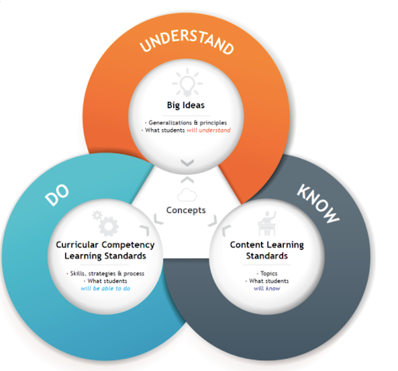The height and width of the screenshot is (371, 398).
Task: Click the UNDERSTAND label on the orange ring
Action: (187, 43)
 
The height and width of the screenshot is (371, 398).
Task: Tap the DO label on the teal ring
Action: (58, 195)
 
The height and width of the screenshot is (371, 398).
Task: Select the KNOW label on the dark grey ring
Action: (318, 204)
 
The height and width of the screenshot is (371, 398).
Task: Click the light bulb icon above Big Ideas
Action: (187, 82)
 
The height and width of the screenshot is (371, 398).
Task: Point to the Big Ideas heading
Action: (186, 105)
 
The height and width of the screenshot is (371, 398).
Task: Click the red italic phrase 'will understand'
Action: (208, 130)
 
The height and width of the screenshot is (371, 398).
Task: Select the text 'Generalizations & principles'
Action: (187, 123)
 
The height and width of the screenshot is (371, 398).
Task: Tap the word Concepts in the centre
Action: (186, 210)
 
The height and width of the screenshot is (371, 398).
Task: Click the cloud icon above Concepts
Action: (187, 195)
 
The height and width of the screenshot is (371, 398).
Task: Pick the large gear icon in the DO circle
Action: (109, 226)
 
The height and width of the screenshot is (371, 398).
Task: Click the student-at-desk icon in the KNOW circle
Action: (267, 223)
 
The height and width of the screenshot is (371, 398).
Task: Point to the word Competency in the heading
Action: (128, 245)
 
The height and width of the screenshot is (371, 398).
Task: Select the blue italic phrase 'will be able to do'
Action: (105, 289)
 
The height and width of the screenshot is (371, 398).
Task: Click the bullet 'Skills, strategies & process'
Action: (107, 274)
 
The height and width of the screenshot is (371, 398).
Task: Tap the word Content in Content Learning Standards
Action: (245, 245)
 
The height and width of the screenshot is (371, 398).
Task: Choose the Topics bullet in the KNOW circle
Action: (269, 274)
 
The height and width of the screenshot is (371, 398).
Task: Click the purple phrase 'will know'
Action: (267, 289)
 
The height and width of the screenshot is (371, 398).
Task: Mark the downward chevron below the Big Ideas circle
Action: (187, 163)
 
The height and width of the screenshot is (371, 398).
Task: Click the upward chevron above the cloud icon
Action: (187, 180)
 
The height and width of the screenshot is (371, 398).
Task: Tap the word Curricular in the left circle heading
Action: (77, 245)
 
